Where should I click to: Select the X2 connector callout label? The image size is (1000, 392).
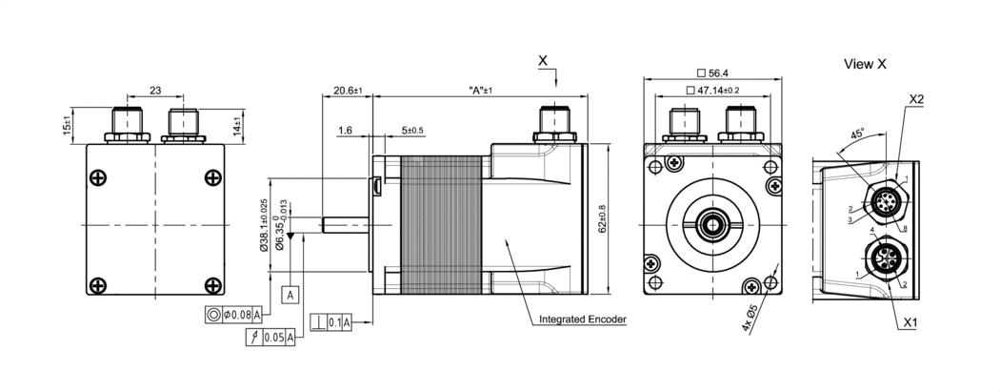917,99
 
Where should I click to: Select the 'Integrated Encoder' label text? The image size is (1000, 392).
581,320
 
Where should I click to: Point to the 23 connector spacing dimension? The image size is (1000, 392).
154,91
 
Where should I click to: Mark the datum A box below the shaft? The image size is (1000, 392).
290,294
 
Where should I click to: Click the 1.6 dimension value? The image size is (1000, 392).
345,130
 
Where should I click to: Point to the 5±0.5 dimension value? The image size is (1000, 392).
411,130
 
